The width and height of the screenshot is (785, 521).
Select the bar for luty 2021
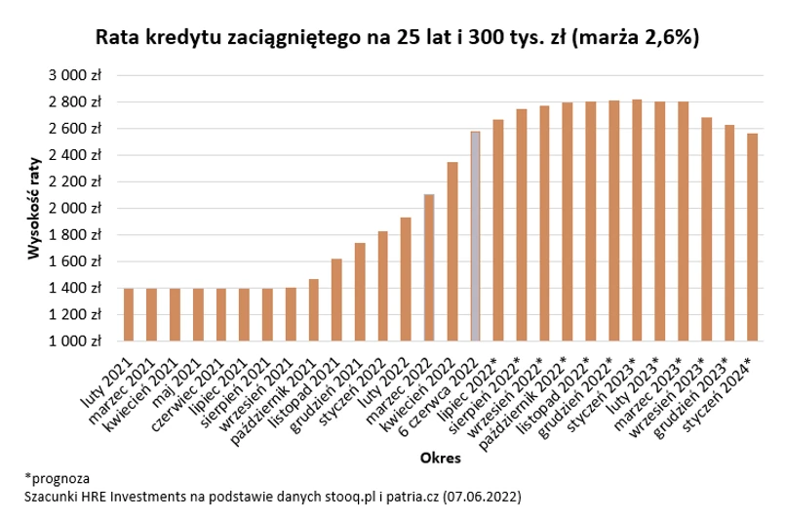pos(129,315)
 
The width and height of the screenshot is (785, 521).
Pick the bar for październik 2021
pos(313,310)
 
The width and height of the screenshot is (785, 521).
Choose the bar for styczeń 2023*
pos(637,220)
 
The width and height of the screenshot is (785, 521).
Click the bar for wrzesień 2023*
pos(706,229)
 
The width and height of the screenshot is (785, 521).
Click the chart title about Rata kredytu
pos(397,37)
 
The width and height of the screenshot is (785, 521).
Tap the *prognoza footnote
pos(58,479)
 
